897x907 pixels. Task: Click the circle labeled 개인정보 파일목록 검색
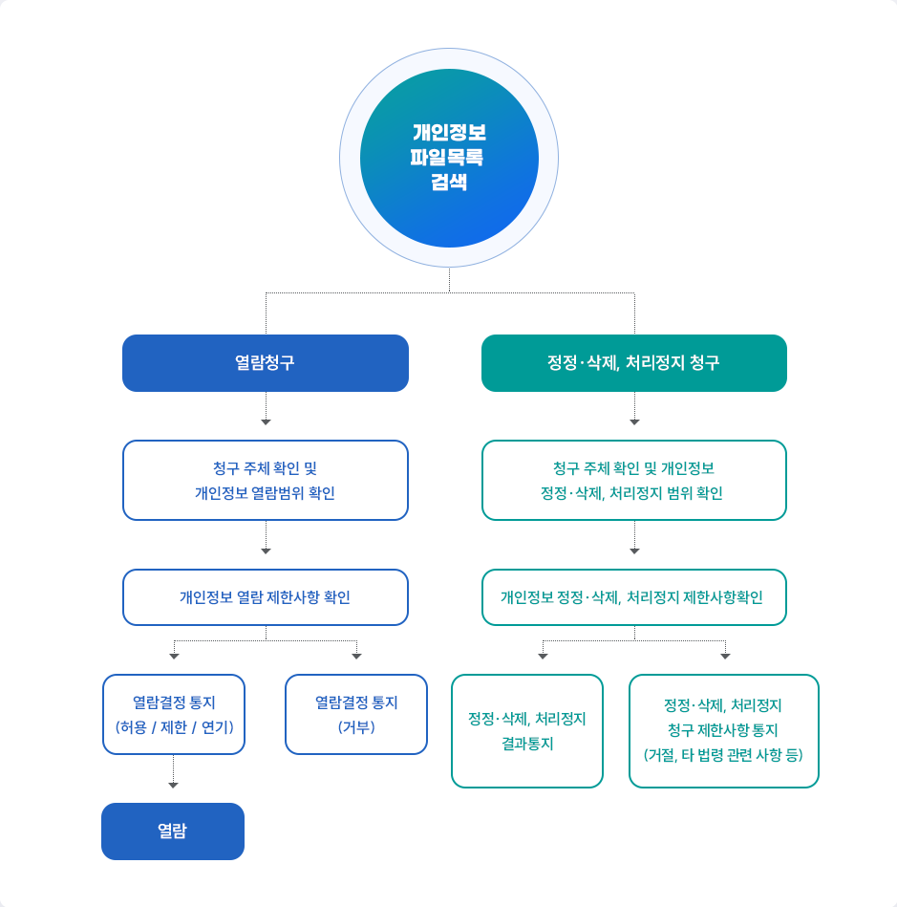(x=449, y=158)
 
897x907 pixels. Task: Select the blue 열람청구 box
(x=266, y=363)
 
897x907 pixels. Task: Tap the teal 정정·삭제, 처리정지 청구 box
(x=634, y=363)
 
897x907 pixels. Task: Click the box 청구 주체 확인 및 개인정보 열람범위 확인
(x=266, y=480)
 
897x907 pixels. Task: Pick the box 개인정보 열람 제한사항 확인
(x=266, y=597)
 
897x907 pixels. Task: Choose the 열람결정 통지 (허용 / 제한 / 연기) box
(x=174, y=714)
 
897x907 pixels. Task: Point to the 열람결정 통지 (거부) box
(x=356, y=714)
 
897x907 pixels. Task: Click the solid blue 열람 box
(x=173, y=831)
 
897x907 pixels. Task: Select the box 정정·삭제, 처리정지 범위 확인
(x=634, y=480)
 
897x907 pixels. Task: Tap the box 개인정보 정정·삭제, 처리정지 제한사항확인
(x=634, y=597)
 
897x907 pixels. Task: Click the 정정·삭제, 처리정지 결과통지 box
(x=527, y=731)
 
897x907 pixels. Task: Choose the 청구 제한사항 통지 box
(x=724, y=731)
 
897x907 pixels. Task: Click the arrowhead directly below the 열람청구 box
(x=266, y=421)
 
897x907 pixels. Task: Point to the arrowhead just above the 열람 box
(x=173, y=786)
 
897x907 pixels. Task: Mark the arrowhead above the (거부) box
(x=356, y=657)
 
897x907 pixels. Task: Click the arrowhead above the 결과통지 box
(x=543, y=657)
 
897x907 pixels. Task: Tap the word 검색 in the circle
(x=449, y=182)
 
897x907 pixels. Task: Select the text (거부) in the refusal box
(x=356, y=726)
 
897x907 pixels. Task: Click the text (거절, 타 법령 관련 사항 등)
(x=724, y=755)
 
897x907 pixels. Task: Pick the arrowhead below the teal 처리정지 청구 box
(x=634, y=421)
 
